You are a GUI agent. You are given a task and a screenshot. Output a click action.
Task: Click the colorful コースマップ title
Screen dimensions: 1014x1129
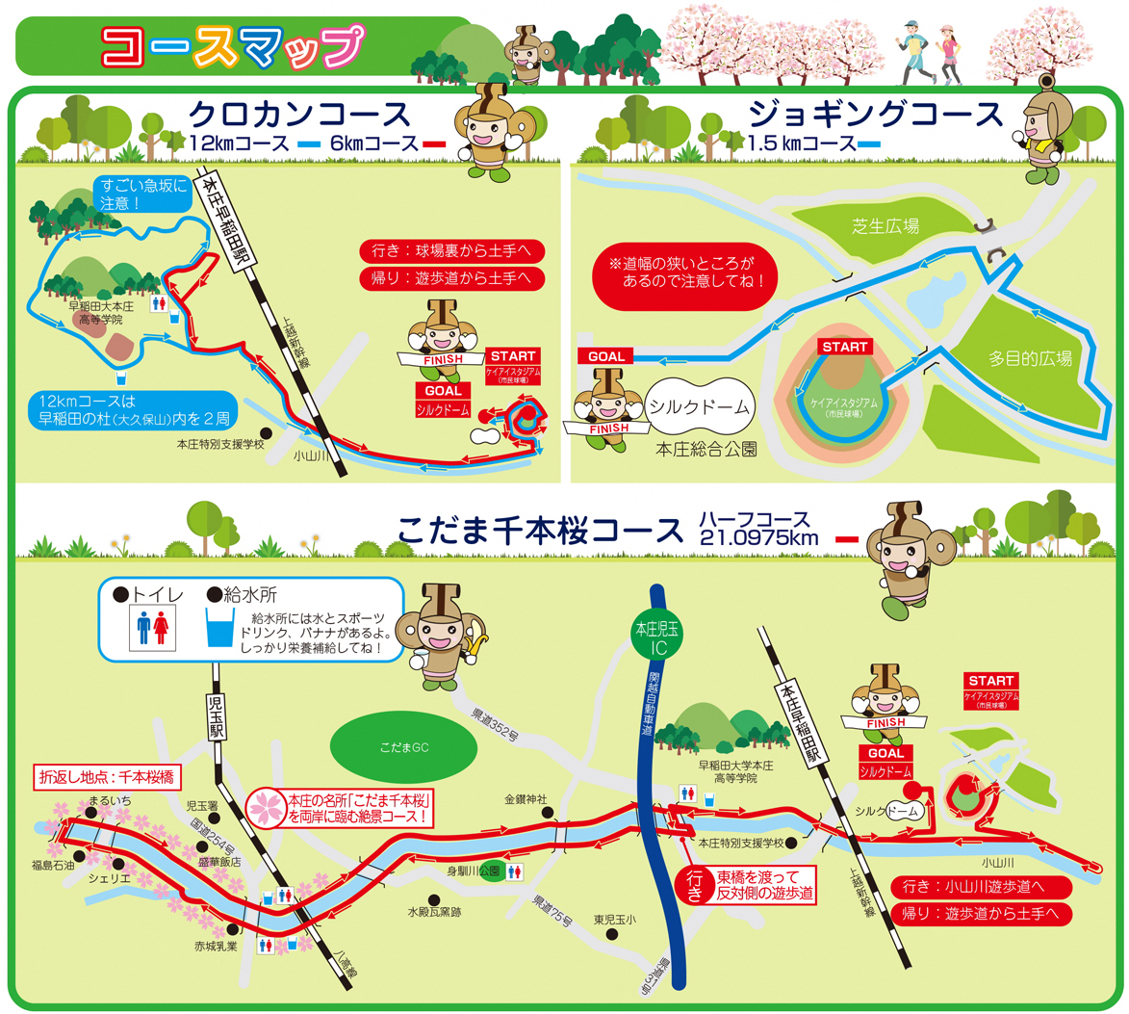234,46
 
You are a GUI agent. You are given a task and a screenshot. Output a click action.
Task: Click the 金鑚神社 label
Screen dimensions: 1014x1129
526,799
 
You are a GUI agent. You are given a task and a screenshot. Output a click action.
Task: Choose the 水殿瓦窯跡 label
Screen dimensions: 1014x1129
433,911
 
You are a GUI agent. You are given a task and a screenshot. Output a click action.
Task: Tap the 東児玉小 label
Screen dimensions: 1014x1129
614,919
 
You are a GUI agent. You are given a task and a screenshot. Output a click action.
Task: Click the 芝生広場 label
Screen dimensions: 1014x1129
885,226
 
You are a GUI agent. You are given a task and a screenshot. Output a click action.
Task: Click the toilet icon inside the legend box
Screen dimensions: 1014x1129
154,631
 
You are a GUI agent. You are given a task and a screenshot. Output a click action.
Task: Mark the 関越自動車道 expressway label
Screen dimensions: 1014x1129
654,704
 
